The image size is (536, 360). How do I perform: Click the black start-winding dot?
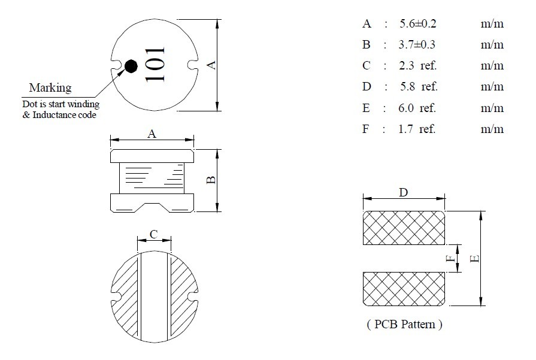[x=131, y=65]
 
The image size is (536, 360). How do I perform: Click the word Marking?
[x=50, y=88]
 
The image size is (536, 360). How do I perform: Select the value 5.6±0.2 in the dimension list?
[x=417, y=24]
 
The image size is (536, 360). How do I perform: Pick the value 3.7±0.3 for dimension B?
[x=417, y=45]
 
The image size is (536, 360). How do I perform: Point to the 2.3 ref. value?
[x=418, y=66]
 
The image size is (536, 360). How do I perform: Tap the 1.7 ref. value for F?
[x=417, y=129]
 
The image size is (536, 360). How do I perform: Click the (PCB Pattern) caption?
[x=404, y=325]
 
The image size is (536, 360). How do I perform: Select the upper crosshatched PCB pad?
[x=404, y=228]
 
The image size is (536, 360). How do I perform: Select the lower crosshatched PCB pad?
[x=404, y=289]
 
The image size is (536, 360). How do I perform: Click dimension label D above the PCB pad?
[x=404, y=192]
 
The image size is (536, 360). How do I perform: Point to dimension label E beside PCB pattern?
[x=474, y=258]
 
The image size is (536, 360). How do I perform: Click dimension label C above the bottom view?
[x=153, y=235]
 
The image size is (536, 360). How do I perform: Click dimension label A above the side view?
[x=152, y=134]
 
